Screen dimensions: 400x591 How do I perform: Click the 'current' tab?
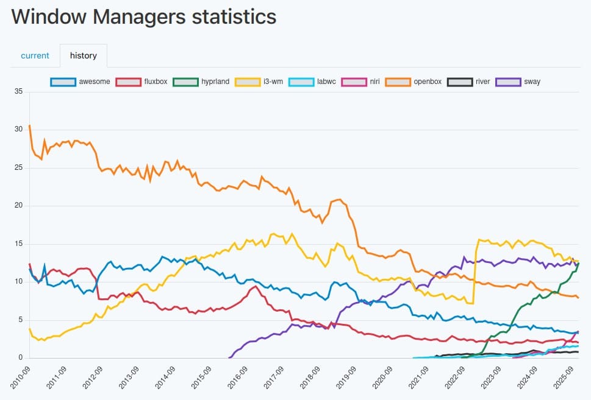pyautogui.click(x=35, y=55)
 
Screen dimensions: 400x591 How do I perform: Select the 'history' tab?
pyautogui.click(x=84, y=55)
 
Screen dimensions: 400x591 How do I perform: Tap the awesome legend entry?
pyautogui.click(x=80, y=81)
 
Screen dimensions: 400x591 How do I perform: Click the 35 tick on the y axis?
pyautogui.click(x=18, y=92)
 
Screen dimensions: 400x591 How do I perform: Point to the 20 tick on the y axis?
pyautogui.click(x=18, y=206)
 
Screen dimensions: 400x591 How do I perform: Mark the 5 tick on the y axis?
pyautogui.click(x=20, y=320)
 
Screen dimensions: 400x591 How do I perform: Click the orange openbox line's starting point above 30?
pyautogui.click(x=30, y=126)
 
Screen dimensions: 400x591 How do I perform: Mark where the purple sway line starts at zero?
pyautogui.click(x=229, y=358)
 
